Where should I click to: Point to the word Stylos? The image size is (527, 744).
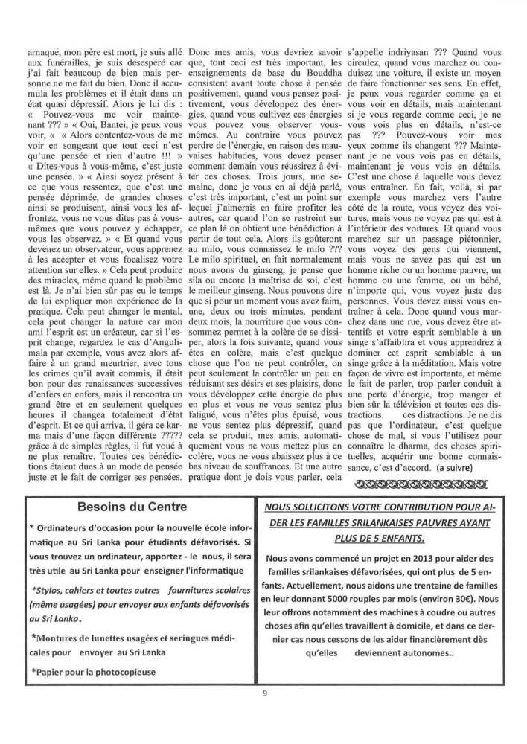[x=48, y=591]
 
